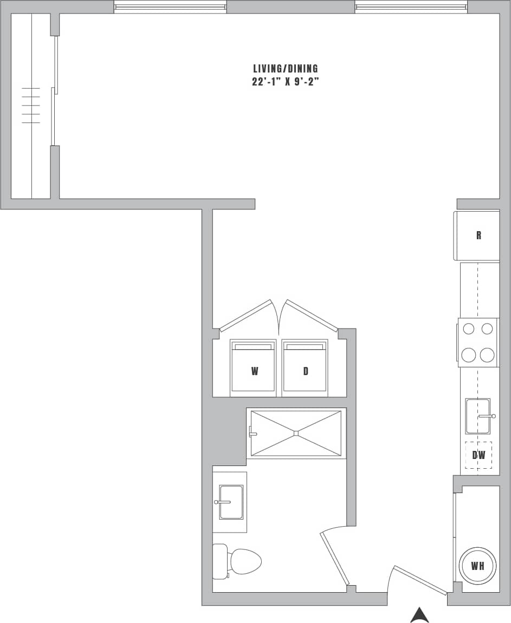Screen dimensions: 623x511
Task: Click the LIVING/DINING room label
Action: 285,69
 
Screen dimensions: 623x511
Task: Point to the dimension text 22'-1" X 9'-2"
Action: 285,83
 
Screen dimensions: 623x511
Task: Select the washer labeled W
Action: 254,368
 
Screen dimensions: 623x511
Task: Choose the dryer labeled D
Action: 305,368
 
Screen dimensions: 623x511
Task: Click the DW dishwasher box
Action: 478,455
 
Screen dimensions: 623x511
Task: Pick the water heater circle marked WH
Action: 477,566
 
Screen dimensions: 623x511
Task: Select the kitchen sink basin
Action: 477,416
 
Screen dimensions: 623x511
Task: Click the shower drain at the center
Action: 296,433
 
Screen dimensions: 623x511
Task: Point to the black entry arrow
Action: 419,615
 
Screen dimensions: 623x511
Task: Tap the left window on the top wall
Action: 170,7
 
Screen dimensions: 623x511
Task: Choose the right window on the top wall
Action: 411,7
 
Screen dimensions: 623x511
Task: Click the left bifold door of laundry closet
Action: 245,314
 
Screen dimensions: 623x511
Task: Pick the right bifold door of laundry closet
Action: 312,314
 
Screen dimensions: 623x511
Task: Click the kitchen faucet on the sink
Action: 487,416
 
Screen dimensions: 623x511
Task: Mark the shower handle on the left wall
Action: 251,432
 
